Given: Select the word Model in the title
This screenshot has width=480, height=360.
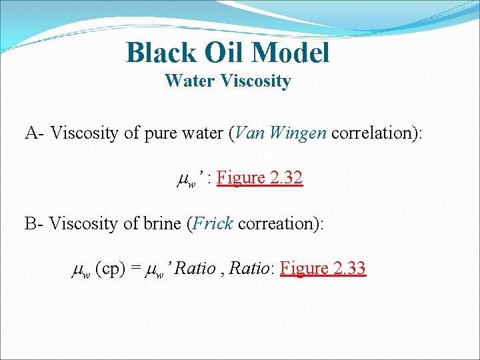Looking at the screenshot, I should (291, 53).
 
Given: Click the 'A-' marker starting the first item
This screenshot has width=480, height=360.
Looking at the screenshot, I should (35, 133).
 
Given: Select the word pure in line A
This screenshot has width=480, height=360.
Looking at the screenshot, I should (160, 133).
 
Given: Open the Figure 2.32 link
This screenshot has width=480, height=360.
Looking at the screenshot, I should (260, 178).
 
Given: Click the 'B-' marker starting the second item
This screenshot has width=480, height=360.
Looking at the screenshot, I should (35, 223).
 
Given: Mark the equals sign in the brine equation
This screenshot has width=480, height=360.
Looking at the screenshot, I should (135, 269).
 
